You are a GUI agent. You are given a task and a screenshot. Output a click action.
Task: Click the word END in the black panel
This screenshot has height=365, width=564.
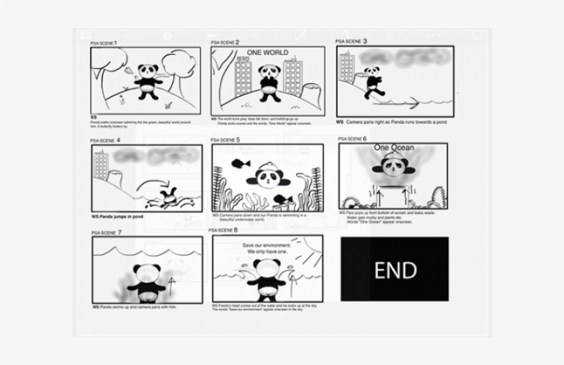point(395,269)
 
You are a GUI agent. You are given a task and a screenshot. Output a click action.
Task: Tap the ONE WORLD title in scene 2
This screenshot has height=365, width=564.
point(268,53)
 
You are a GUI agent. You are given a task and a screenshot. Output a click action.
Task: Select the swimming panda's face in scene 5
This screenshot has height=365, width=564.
point(269,179)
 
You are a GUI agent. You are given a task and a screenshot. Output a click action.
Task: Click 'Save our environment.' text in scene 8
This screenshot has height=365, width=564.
point(267,245)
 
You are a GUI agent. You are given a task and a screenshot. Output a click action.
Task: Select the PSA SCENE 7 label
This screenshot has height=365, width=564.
point(106,232)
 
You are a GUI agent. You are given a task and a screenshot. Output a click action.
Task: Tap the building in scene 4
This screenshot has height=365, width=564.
point(101,166)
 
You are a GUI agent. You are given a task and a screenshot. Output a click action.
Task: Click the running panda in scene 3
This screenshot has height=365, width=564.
point(373,82)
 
